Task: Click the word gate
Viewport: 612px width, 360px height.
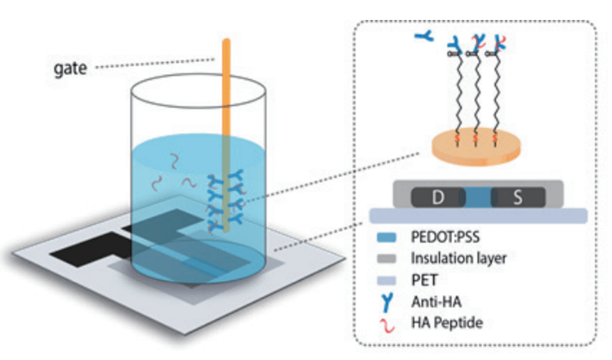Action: [70, 69]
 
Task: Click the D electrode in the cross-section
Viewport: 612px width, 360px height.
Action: [438, 197]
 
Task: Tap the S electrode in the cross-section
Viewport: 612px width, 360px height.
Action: [518, 197]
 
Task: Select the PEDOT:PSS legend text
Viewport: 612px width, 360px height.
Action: [445, 237]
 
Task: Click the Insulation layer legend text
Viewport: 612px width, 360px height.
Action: [459, 258]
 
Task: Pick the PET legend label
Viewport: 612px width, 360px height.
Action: [425, 280]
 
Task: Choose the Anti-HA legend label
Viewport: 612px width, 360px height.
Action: [436, 301]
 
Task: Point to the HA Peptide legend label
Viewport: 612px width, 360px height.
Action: [447, 323]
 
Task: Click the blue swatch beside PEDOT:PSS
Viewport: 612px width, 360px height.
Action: [387, 238]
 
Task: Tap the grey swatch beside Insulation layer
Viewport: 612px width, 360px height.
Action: [387, 259]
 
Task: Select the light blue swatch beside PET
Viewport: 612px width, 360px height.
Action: [387, 280]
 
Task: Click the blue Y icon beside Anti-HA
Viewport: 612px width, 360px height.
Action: [387, 302]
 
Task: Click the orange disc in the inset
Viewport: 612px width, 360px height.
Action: [476, 147]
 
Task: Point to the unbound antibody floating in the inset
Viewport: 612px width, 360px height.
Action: [424, 36]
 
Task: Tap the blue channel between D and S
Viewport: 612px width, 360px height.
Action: [478, 197]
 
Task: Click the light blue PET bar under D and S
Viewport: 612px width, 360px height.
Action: [478, 216]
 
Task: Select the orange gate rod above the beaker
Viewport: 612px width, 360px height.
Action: [226, 86]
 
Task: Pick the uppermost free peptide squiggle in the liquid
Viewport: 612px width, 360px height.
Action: [174, 161]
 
